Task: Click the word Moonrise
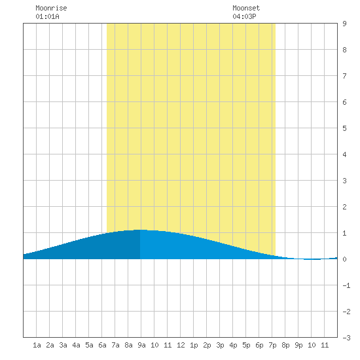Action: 51,8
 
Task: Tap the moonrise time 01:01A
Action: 47,16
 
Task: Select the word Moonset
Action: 246,8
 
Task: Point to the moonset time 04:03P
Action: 244,16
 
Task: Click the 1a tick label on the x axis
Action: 37,345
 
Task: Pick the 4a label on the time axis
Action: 76,345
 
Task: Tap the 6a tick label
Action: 102,345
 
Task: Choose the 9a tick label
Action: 141,345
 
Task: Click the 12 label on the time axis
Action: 181,345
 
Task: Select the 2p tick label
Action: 207,345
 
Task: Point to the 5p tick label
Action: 246,345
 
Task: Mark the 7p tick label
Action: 272,345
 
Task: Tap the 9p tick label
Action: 298,345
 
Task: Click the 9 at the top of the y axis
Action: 344,24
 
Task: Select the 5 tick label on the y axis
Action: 344,128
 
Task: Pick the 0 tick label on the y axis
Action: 344,259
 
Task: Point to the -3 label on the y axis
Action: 346,338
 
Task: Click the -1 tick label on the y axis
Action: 346,285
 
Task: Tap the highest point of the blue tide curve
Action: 140,230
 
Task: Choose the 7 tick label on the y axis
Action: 344,76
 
